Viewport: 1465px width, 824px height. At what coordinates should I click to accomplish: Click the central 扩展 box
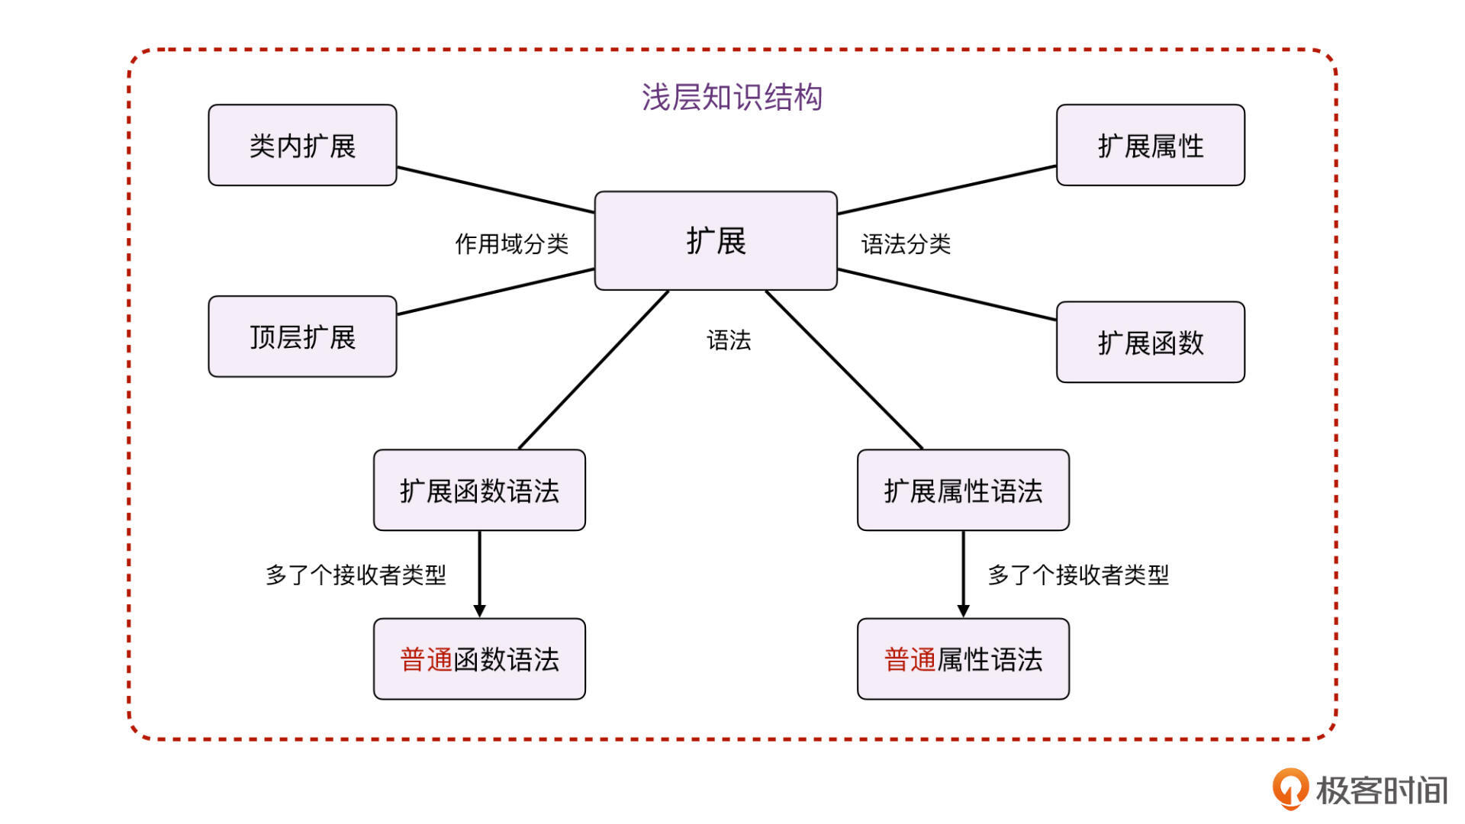point(716,241)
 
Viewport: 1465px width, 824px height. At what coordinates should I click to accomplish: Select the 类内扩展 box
point(302,146)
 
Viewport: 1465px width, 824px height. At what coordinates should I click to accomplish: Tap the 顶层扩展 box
point(302,336)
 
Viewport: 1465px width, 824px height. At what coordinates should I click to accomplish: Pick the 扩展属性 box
point(1150,146)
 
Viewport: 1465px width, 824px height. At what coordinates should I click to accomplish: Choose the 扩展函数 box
point(1150,343)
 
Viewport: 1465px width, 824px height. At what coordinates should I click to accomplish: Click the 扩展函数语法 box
point(479,491)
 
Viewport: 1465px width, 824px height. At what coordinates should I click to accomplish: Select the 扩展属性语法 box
point(963,491)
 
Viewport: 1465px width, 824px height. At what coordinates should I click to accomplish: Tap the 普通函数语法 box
point(479,659)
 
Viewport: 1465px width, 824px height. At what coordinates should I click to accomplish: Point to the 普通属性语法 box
point(963,659)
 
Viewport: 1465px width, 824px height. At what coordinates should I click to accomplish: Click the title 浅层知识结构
point(732,98)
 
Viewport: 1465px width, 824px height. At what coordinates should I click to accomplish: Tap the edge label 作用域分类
point(512,244)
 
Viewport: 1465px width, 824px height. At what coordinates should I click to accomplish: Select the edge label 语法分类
point(906,244)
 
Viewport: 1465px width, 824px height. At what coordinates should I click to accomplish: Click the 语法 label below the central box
point(729,340)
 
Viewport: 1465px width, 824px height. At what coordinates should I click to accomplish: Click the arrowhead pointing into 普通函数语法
point(479,611)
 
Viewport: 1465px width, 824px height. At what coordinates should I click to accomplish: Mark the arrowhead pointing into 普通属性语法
point(963,611)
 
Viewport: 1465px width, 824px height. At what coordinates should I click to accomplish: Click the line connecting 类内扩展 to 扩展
point(496,190)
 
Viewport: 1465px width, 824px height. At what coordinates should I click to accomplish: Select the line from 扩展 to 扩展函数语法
point(594,370)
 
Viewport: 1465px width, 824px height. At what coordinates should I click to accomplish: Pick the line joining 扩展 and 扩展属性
point(946,190)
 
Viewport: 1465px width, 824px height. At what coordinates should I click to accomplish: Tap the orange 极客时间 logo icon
point(1290,788)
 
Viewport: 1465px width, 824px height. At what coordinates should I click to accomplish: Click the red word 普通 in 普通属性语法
point(910,659)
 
